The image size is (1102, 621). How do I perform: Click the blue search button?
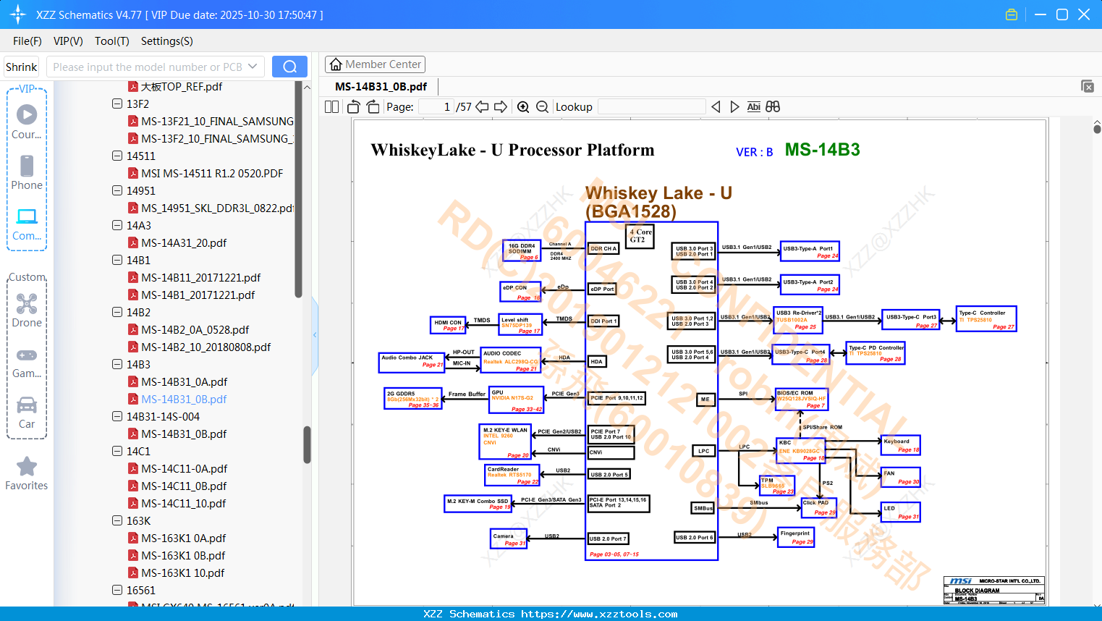(289, 67)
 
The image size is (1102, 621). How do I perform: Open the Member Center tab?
(375, 64)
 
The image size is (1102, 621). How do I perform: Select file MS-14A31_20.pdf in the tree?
(184, 243)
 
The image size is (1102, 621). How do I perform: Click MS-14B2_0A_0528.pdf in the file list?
(195, 330)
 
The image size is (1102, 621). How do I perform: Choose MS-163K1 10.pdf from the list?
(182, 573)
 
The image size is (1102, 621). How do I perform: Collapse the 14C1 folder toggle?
(117, 452)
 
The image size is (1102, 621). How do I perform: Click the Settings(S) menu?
(166, 41)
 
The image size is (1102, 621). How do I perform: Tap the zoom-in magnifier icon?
(523, 107)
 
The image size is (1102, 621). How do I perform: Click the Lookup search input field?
(651, 107)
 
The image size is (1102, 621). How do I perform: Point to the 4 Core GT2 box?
(640, 236)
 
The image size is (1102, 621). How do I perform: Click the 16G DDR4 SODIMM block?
(522, 250)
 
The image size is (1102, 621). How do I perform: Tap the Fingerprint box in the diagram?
(796, 537)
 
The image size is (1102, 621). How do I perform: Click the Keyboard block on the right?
(900, 445)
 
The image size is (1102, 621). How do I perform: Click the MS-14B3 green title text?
(822, 150)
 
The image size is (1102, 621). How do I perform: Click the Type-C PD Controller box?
(876, 353)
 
